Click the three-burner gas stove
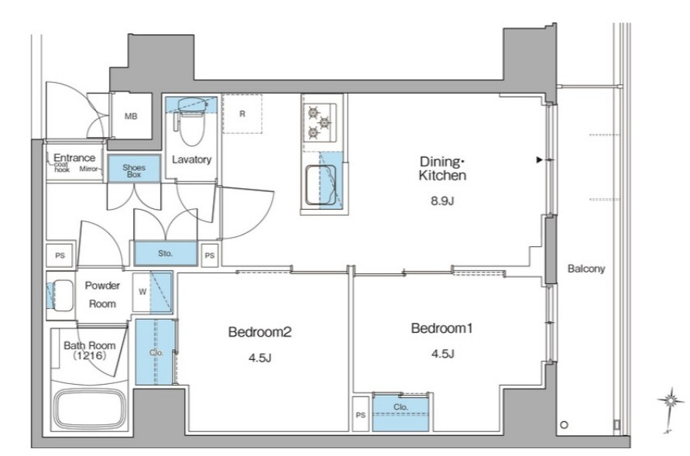(x=320, y=122)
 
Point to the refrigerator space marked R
(x=242, y=114)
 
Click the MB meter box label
(x=131, y=117)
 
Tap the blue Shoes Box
(x=134, y=170)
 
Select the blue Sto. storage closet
(x=166, y=253)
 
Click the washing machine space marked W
(x=142, y=292)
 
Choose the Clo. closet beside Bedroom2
(x=154, y=352)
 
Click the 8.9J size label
(x=442, y=201)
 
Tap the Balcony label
(x=586, y=269)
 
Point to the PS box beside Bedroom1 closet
(x=360, y=414)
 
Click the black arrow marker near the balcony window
(x=539, y=160)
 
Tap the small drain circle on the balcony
(x=564, y=425)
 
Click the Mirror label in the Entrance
(x=88, y=169)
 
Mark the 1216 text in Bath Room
(x=89, y=355)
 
